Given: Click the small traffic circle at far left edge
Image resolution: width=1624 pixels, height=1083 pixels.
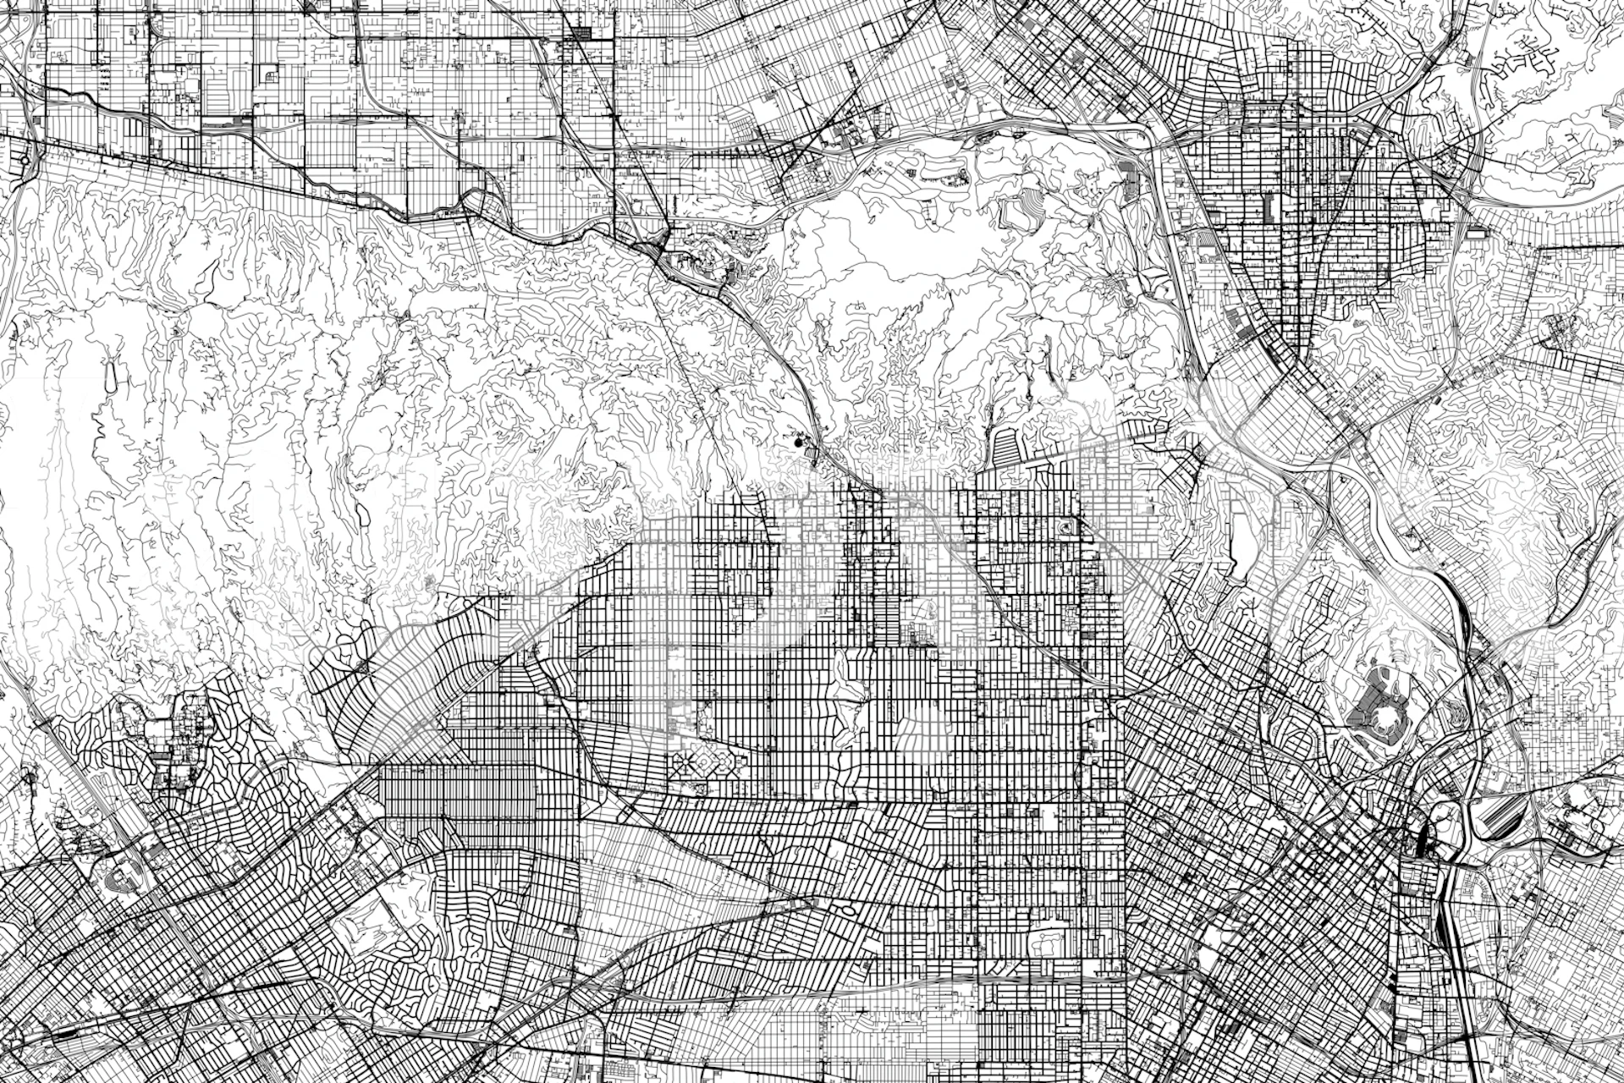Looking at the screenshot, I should (x=25, y=157).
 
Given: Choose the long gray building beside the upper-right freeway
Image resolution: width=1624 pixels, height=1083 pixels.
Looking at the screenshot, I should (x=1129, y=180).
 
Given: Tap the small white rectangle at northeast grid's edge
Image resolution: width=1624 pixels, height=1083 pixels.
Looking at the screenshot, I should (x=1477, y=230).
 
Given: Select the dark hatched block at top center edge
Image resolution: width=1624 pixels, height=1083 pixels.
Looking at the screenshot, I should (x=581, y=34).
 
